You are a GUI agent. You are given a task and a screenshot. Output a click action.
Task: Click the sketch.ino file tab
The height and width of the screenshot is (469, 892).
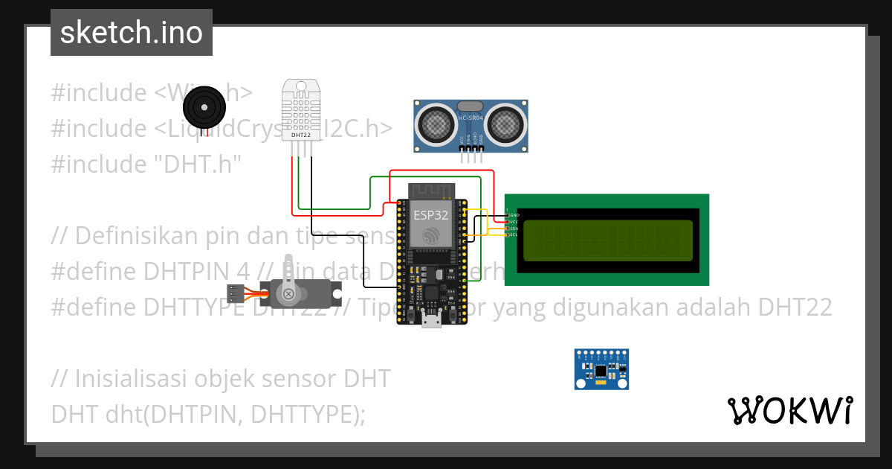pos(131,33)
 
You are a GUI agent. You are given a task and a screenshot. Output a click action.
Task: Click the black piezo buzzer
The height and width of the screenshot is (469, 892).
pos(204,108)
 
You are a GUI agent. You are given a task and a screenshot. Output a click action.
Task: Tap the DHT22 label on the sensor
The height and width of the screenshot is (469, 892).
pos(301,135)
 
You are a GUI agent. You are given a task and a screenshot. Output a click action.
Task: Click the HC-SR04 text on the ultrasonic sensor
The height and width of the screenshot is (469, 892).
pos(471,118)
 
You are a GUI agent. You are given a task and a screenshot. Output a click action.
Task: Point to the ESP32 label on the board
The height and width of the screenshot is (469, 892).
pos(431,215)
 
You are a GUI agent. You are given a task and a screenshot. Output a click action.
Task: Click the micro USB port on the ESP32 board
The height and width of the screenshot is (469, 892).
pos(431,320)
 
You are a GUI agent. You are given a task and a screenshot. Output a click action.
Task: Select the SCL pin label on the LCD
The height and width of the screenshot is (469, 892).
pos(514,235)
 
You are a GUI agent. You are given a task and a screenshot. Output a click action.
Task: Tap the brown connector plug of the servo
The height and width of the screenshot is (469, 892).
pos(236,293)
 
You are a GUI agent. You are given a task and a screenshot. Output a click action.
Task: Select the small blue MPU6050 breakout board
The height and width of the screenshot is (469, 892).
pos(601,369)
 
